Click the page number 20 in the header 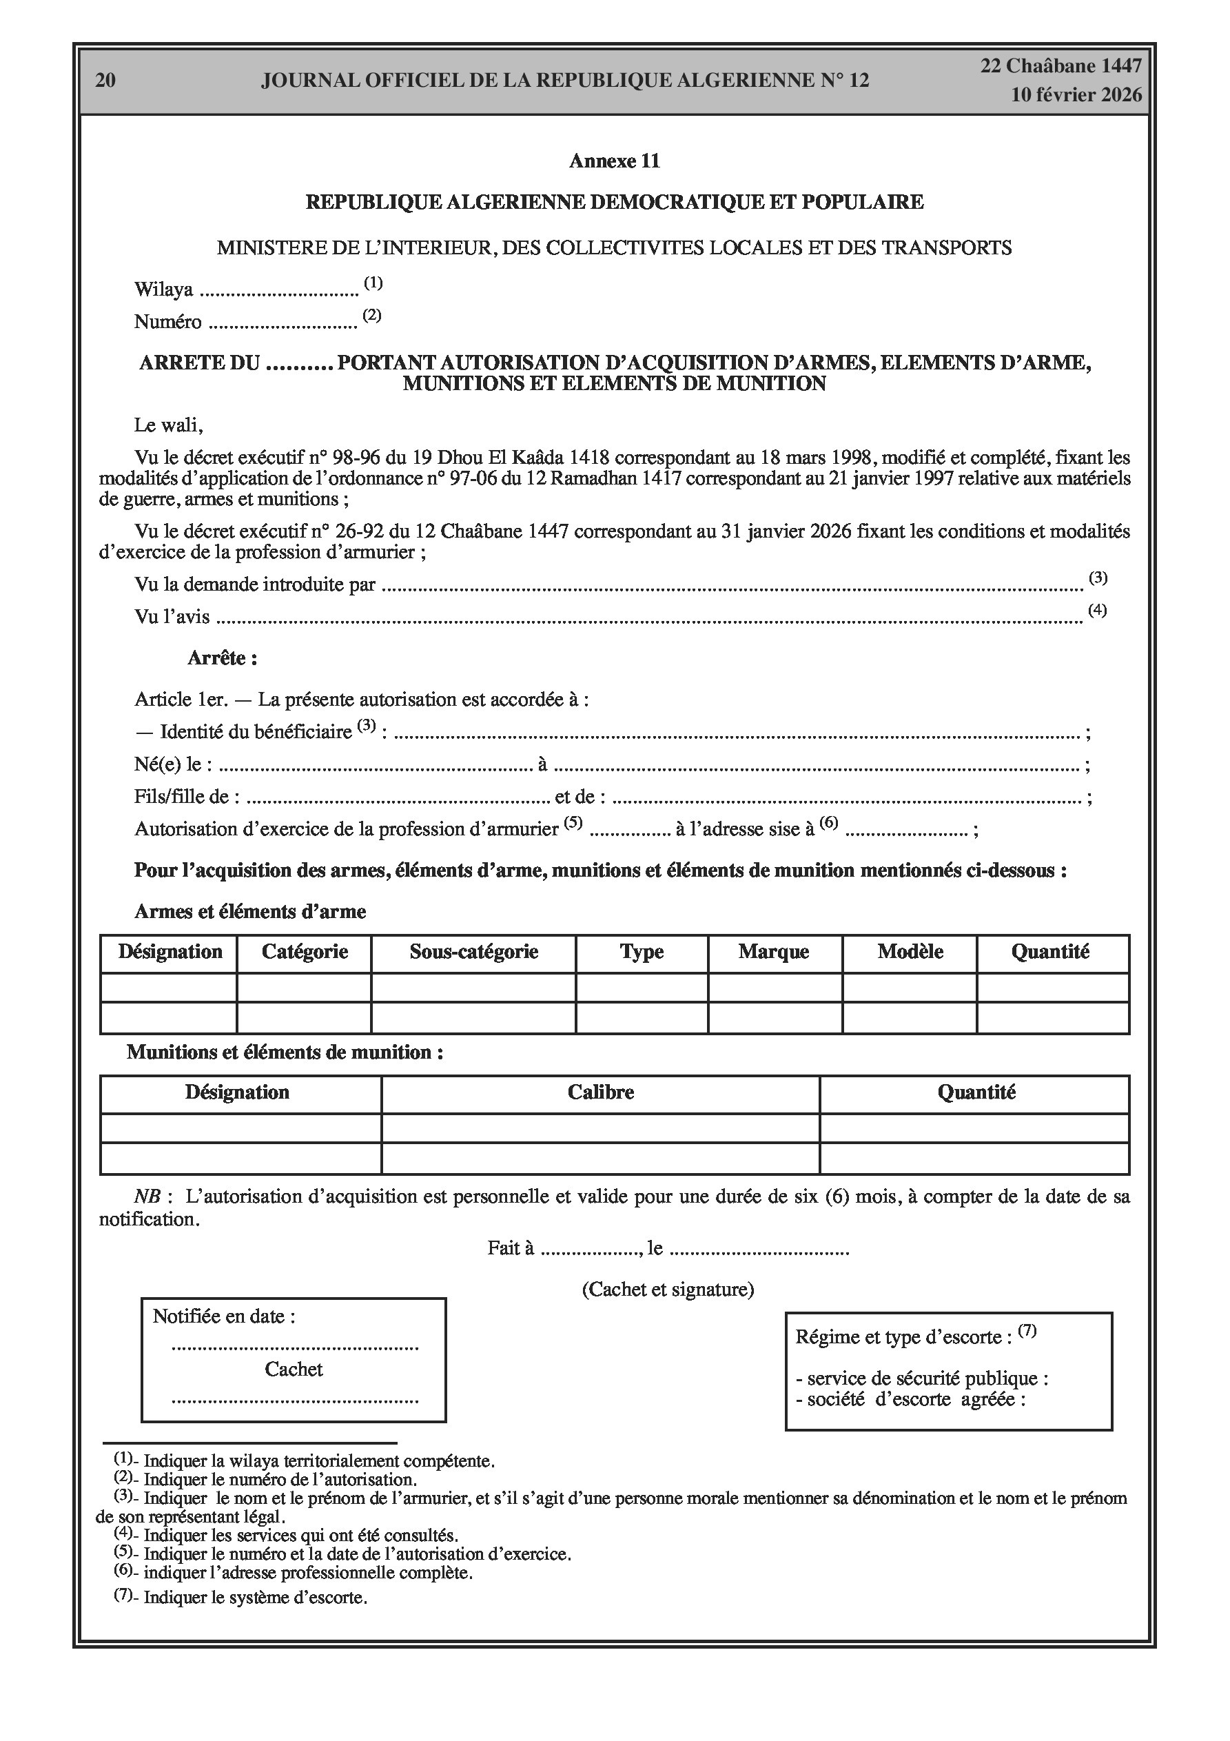click(x=105, y=81)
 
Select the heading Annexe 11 click(x=614, y=161)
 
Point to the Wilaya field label click(x=163, y=289)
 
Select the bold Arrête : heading click(x=222, y=658)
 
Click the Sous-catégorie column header click(x=473, y=952)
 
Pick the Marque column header click(x=774, y=952)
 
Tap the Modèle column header click(x=910, y=952)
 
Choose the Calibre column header click(x=601, y=1092)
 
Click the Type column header click(x=642, y=952)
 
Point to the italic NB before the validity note click(x=147, y=1197)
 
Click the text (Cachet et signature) click(x=667, y=1289)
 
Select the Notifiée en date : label click(x=224, y=1316)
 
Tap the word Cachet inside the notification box click(x=294, y=1369)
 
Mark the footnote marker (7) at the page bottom click(x=123, y=1594)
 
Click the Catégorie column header click(x=305, y=952)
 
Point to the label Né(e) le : click(x=173, y=764)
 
